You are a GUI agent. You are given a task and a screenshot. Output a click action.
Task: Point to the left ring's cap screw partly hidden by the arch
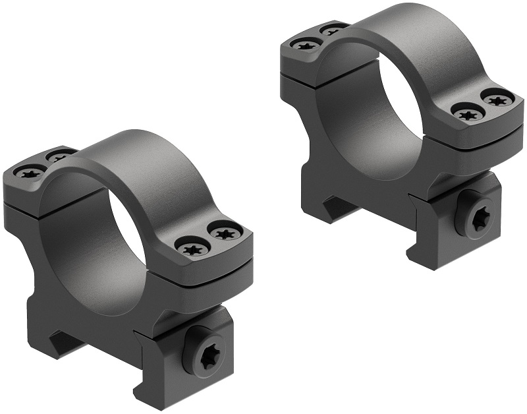[x=59, y=157]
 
